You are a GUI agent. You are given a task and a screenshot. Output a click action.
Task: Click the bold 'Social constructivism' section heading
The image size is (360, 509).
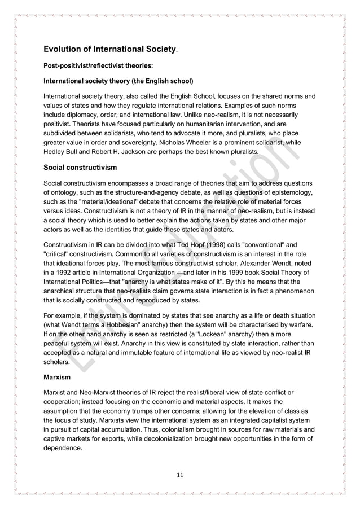click(80, 168)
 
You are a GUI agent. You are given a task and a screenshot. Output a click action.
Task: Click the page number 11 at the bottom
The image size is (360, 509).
click(180, 475)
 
